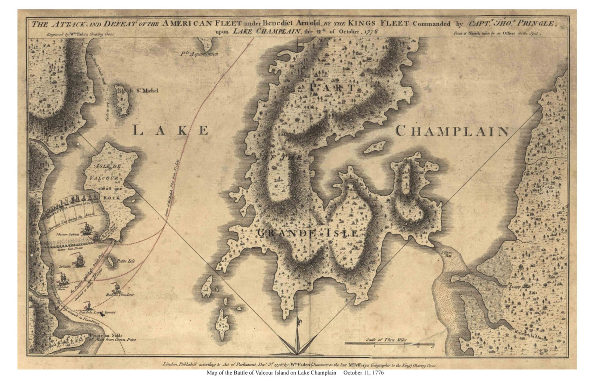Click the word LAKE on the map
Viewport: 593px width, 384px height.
[171, 130]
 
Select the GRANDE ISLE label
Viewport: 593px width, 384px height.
[307, 233]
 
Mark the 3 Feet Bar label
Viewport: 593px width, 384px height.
[447, 254]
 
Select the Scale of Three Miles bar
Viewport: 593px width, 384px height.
[389, 343]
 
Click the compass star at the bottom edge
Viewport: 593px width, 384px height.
[297, 342]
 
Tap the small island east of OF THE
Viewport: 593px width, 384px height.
[375, 147]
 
